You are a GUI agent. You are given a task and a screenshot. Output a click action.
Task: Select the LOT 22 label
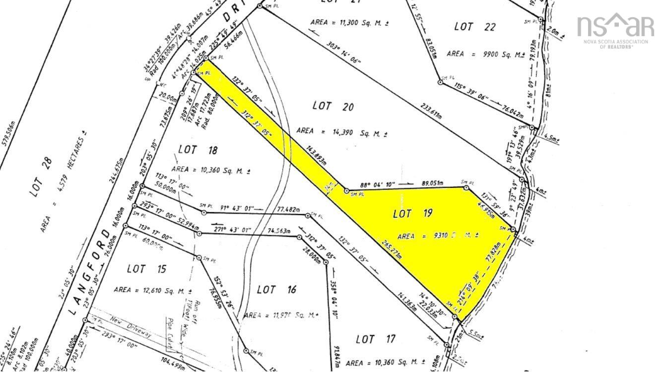click(x=475, y=27)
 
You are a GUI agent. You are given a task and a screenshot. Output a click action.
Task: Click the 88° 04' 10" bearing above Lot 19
click(x=380, y=184)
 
